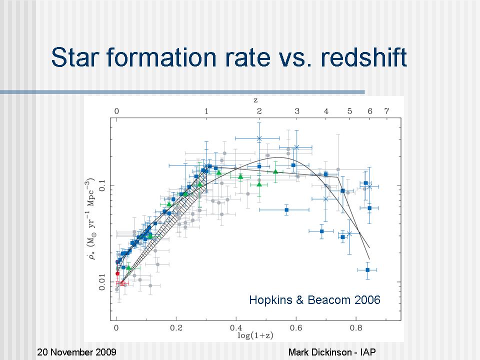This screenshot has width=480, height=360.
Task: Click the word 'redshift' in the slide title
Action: (x=363, y=57)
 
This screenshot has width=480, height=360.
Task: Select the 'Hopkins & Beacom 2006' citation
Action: (x=314, y=300)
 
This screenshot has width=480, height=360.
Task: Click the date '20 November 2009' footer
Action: (x=76, y=352)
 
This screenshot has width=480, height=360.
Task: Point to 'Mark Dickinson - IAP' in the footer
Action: (x=338, y=352)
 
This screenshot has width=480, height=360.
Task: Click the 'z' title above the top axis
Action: (x=256, y=101)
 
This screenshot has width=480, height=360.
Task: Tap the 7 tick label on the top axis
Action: (x=385, y=111)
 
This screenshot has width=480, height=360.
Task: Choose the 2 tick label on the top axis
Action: (x=259, y=111)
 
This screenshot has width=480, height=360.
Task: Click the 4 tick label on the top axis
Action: (x=326, y=111)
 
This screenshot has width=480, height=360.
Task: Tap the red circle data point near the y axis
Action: (x=117, y=273)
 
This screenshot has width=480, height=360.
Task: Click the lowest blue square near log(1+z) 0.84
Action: (x=367, y=270)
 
